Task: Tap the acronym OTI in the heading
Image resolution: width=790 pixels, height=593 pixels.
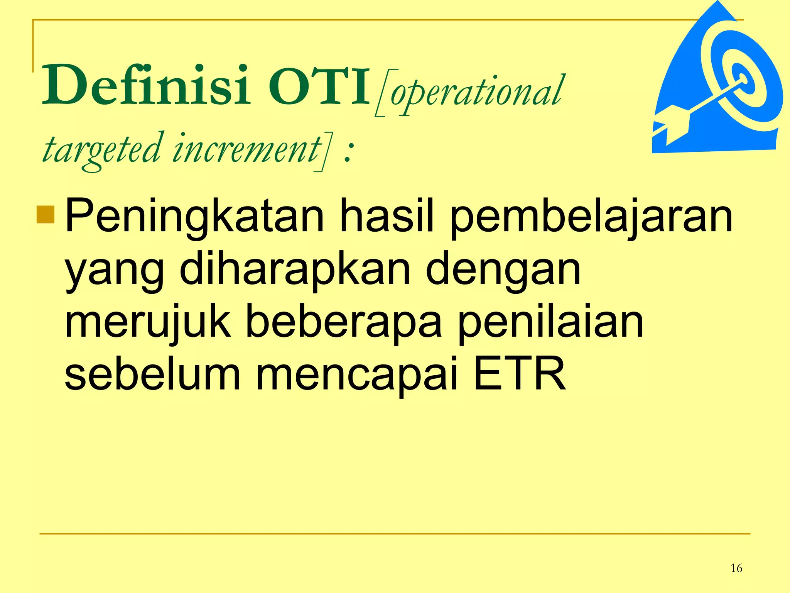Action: click(x=319, y=86)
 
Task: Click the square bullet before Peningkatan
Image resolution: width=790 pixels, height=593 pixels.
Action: click(x=46, y=215)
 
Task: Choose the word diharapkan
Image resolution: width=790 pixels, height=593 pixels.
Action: click(x=295, y=269)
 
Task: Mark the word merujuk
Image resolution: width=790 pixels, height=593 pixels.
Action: click(x=148, y=323)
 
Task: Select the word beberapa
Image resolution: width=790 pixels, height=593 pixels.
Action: click(x=344, y=323)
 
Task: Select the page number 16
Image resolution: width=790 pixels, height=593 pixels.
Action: click(x=736, y=568)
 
